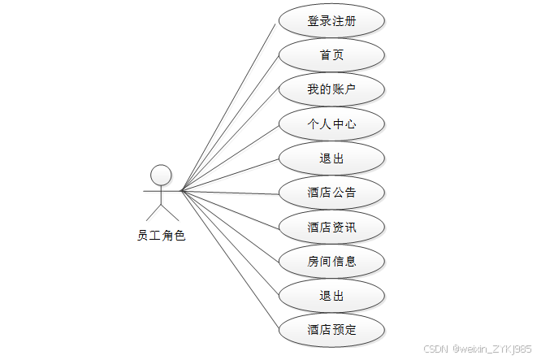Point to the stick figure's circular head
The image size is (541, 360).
pyautogui.click(x=161, y=175)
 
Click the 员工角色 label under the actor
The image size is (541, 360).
pyautogui.click(x=161, y=236)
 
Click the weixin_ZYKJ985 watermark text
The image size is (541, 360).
pyautogui.click(x=491, y=347)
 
